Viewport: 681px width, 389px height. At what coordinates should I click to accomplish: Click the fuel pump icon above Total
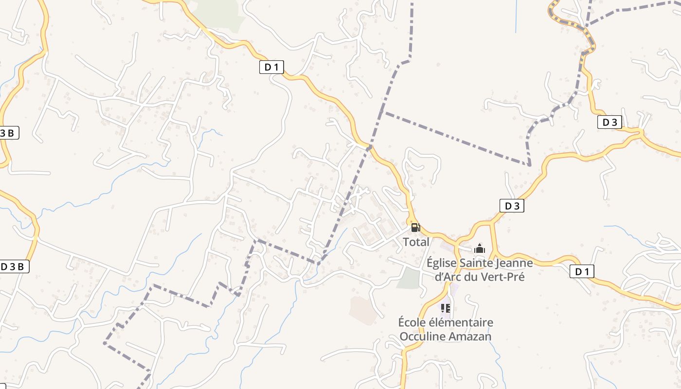(x=415, y=227)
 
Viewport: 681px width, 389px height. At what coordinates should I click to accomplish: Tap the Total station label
(x=416, y=242)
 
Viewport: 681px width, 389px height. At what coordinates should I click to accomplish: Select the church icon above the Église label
(x=480, y=249)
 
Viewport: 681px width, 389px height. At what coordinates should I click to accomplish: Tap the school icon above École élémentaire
(x=445, y=308)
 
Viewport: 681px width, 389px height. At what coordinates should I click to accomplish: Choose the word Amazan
(x=470, y=336)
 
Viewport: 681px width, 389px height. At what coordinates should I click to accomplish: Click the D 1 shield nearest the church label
(x=582, y=272)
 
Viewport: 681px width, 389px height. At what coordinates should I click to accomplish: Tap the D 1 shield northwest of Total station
(x=271, y=67)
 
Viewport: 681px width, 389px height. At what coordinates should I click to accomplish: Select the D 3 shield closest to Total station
(x=512, y=206)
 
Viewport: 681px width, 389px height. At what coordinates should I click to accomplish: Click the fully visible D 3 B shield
(x=14, y=266)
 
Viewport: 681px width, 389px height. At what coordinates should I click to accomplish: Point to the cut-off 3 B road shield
(x=9, y=133)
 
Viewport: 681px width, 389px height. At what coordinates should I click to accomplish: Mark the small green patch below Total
(x=409, y=279)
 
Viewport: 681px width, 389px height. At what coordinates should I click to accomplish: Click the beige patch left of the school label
(x=362, y=309)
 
